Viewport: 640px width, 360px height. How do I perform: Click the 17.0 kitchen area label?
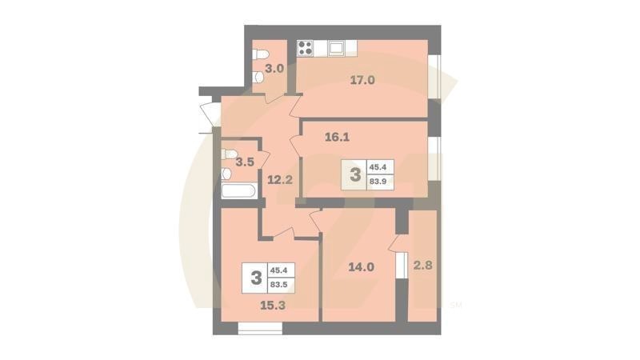(362, 79)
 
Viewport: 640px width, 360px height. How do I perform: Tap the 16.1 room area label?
(338, 137)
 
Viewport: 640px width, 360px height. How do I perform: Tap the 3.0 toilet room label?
(274, 69)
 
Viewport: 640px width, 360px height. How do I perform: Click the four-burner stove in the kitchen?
(306, 48)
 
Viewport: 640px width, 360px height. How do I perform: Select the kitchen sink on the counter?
(337, 48)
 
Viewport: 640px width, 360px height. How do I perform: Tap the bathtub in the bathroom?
(238, 191)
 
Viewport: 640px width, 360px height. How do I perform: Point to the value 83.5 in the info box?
(280, 287)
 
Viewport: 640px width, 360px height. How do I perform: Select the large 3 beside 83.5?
(256, 278)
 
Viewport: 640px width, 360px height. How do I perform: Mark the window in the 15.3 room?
(260, 327)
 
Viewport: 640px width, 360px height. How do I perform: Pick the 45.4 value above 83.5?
(280, 271)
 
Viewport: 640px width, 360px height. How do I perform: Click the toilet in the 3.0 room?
(259, 54)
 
